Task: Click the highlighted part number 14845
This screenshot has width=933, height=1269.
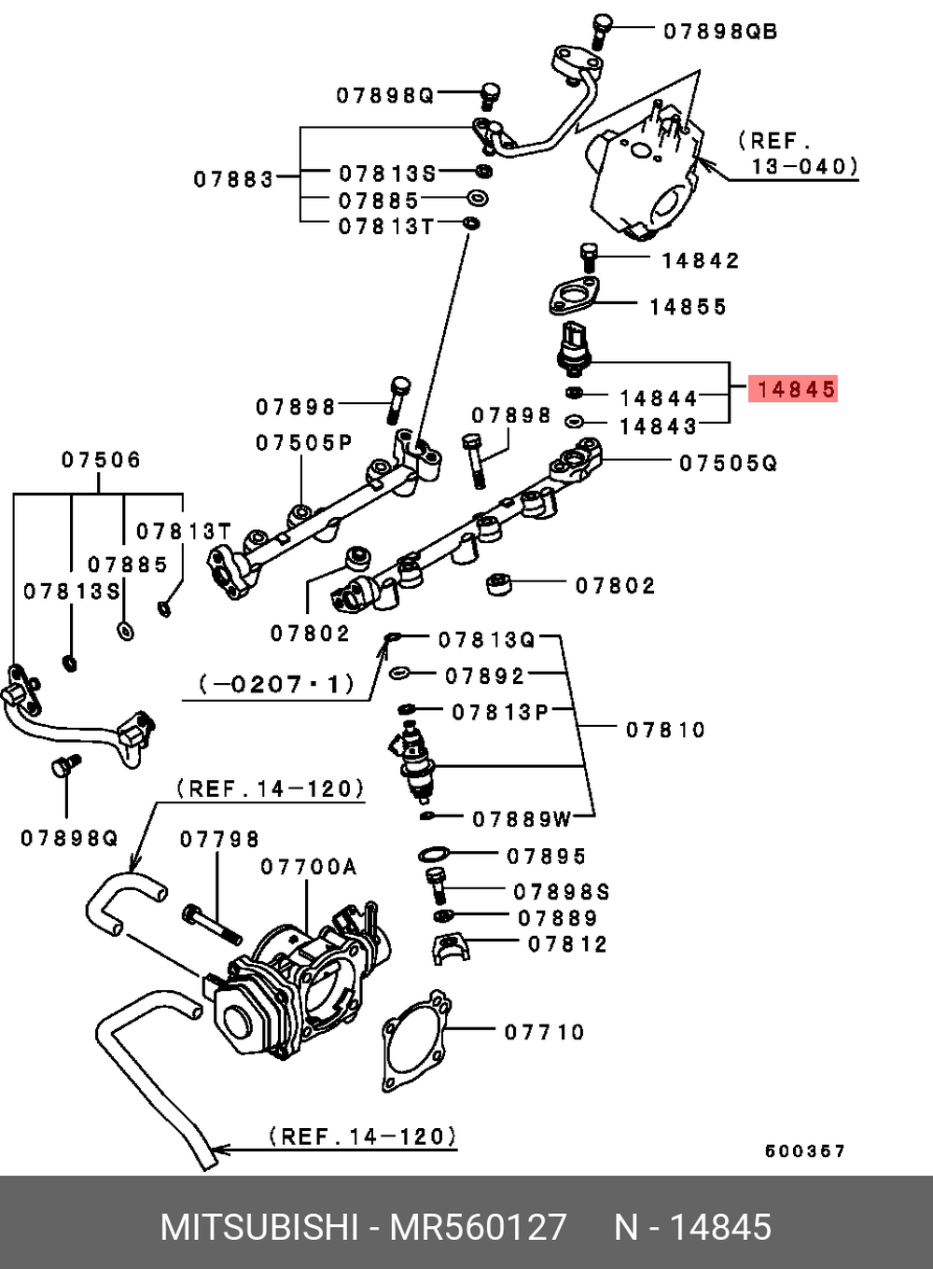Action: [795, 389]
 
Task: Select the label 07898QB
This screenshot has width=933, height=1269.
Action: [719, 32]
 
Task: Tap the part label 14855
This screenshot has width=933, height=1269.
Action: [688, 306]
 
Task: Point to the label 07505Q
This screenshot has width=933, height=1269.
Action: [728, 463]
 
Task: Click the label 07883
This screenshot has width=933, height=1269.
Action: [234, 178]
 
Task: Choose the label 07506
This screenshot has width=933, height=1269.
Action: [102, 459]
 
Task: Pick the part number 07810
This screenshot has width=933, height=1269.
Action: [665, 729]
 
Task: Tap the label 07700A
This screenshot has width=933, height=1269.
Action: [309, 867]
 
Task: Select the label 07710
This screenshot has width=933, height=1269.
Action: [544, 1032]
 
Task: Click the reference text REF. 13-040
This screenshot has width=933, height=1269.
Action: [798, 154]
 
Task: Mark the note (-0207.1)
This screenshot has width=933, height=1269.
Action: [277, 684]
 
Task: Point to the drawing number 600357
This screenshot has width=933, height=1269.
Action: [804, 1150]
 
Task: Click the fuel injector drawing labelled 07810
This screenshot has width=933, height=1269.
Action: [416, 760]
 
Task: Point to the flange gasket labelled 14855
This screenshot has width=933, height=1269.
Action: [573, 297]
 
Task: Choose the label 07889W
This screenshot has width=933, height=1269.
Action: [522, 819]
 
